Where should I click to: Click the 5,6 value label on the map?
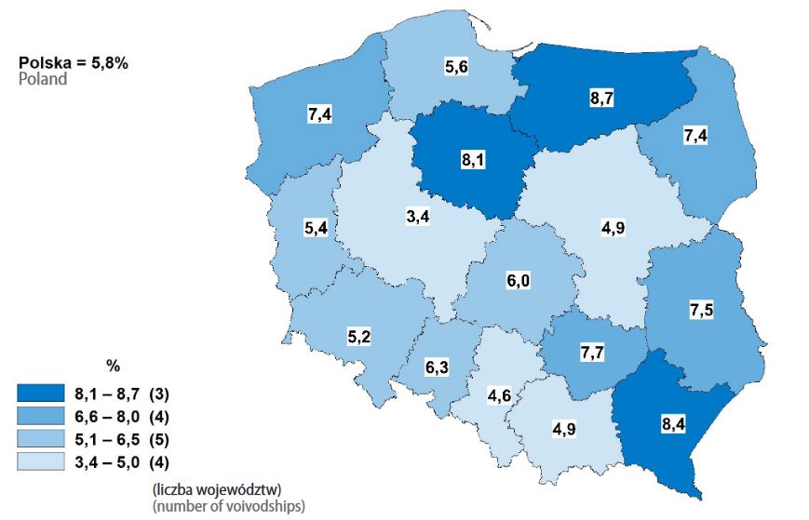[456, 67]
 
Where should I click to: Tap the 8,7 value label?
[602, 97]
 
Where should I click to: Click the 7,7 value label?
[592, 352]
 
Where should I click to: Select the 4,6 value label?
[500, 394]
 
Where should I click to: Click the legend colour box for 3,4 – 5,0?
[40, 460]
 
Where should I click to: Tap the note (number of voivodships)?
[227, 505]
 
